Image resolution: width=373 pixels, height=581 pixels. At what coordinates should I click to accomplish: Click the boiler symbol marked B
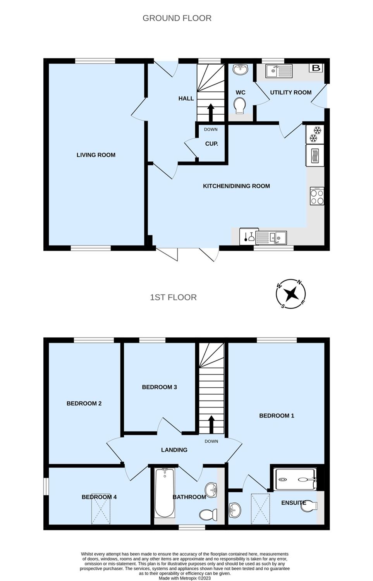click(x=316, y=68)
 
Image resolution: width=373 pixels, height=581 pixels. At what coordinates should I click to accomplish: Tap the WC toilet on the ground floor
click(x=239, y=106)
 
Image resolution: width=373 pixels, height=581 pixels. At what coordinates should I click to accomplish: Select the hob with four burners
click(x=317, y=196)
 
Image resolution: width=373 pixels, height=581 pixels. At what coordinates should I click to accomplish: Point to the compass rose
click(x=290, y=294)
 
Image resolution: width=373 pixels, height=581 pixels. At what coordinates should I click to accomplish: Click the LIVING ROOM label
click(x=96, y=155)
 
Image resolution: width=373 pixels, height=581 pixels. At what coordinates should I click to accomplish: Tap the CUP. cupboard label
click(x=211, y=144)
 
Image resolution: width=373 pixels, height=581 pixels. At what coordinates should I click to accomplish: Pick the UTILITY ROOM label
click(x=291, y=92)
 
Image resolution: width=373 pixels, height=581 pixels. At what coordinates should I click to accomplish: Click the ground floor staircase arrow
click(x=210, y=113)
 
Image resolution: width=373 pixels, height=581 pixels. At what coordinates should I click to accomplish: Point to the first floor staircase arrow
click(x=211, y=425)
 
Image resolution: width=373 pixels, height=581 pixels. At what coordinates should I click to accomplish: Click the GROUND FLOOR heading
click(x=177, y=18)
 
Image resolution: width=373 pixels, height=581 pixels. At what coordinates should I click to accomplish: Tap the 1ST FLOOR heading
click(x=173, y=297)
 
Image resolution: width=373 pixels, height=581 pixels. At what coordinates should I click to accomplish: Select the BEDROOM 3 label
click(x=160, y=387)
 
